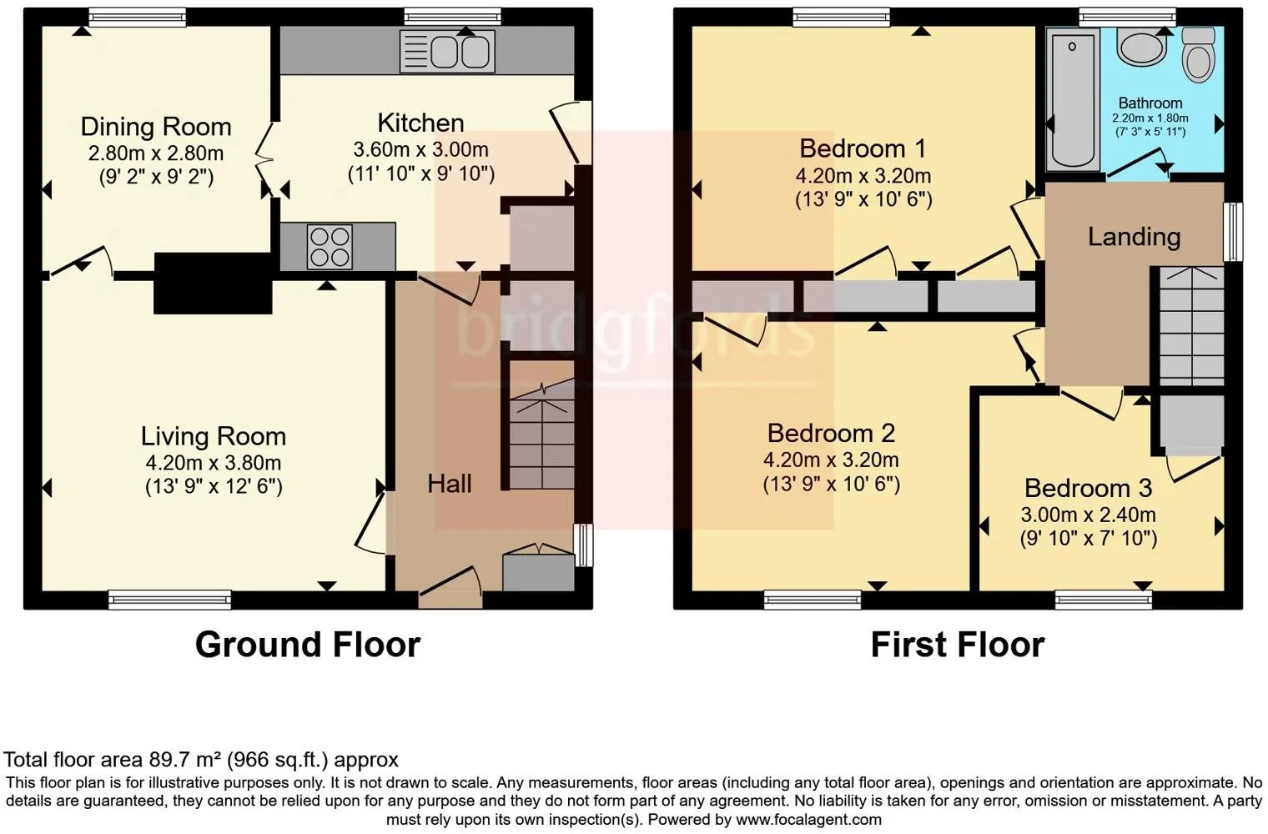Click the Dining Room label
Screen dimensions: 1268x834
tap(156, 127)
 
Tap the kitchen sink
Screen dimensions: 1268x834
tap(447, 52)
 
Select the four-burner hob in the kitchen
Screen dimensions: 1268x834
tap(330, 246)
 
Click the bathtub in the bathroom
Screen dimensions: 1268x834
tap(1073, 99)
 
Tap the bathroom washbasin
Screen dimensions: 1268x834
tap(1142, 48)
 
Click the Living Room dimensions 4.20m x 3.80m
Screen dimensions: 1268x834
tap(214, 463)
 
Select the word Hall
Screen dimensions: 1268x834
tap(450, 484)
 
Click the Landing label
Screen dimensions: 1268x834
tap(1134, 237)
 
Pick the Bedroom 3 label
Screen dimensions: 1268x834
tap(1088, 488)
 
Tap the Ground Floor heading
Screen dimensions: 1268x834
tap(308, 645)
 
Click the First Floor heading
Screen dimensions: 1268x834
tap(958, 645)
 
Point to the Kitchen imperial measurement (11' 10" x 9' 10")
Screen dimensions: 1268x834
tap(421, 173)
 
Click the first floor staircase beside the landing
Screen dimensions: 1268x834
tap(1191, 326)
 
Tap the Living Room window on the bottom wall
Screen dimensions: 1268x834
tap(170, 600)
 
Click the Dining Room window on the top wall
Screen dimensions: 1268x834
tap(138, 17)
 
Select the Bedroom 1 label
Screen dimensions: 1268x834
tap(863, 148)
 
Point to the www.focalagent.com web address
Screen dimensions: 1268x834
tap(808, 820)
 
